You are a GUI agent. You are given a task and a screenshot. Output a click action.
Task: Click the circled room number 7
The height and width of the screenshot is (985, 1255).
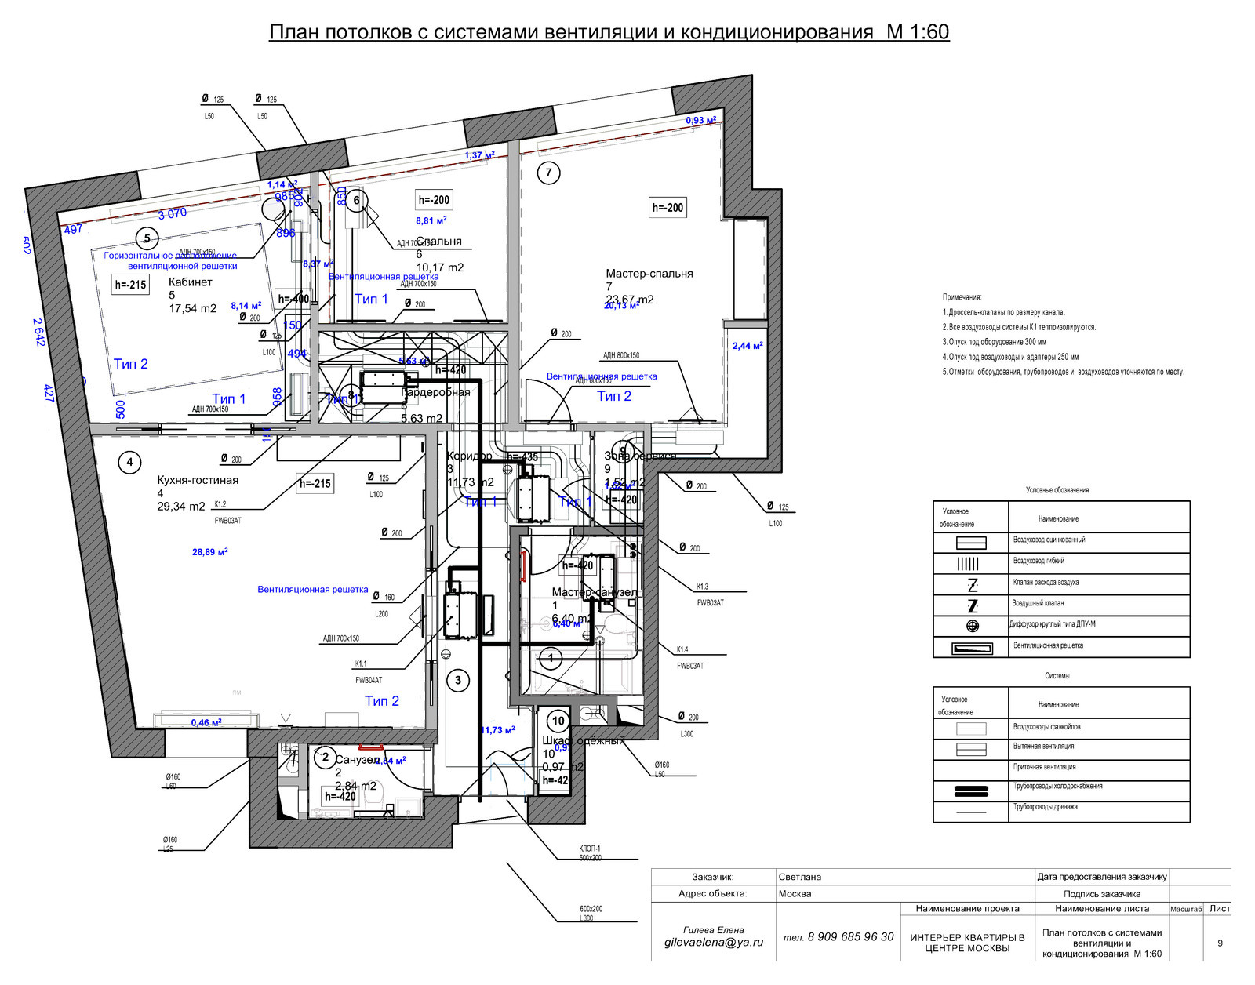click(548, 173)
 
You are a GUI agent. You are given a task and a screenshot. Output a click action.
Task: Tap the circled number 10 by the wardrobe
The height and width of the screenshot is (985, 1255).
click(558, 721)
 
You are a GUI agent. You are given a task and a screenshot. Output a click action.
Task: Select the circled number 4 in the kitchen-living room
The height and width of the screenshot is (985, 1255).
click(130, 462)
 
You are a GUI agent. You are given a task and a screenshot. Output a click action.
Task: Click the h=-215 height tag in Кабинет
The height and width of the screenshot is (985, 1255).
click(130, 285)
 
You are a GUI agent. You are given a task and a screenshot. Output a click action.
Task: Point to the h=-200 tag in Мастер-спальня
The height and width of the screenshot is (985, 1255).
click(668, 208)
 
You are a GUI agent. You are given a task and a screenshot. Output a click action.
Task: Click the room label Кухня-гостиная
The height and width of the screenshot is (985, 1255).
click(198, 480)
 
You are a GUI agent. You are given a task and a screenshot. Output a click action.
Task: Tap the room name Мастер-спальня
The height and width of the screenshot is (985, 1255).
click(649, 274)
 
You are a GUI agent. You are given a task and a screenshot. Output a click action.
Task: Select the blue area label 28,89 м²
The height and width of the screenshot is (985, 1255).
click(209, 552)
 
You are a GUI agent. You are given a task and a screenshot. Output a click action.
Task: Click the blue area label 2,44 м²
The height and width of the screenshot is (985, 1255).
click(748, 346)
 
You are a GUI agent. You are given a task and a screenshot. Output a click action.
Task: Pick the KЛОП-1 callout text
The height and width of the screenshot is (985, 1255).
click(590, 849)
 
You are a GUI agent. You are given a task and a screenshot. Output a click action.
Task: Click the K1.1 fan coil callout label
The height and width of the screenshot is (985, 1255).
click(361, 663)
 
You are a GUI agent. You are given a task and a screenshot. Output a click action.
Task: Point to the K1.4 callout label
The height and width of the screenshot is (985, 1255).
click(682, 649)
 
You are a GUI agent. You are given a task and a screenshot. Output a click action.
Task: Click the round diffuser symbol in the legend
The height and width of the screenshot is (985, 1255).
click(973, 626)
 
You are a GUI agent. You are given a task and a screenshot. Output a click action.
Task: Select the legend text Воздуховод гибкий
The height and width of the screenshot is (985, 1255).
click(1039, 561)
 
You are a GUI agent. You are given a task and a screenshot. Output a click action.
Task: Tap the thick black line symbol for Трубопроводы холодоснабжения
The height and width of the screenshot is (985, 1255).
click(971, 791)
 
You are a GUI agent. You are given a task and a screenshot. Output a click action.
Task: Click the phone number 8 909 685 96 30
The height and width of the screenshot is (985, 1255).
click(850, 936)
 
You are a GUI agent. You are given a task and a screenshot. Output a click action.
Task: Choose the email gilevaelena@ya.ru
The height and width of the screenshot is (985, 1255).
click(713, 943)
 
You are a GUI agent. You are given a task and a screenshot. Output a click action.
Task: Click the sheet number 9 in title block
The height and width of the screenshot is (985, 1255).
click(1220, 943)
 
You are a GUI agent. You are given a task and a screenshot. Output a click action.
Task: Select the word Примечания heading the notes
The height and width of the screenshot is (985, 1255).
click(962, 297)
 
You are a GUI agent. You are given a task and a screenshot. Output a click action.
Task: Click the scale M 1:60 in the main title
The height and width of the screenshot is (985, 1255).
click(918, 32)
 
